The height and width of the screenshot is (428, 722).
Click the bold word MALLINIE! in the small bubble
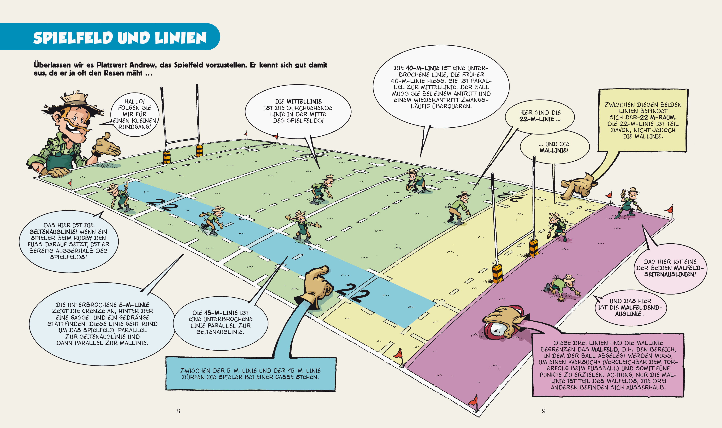click(553, 150)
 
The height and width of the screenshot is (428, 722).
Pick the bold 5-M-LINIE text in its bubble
click(134, 305)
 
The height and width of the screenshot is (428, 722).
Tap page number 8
click(178, 411)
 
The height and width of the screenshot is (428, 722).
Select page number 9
click(543, 411)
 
